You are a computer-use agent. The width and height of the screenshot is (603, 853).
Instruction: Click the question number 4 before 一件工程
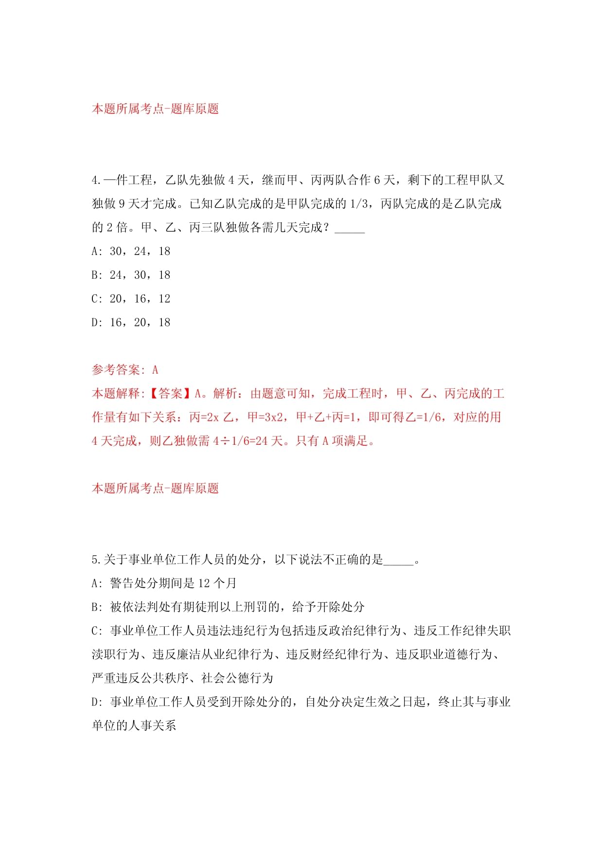[x=95, y=181]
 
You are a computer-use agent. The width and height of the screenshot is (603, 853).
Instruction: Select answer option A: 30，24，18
[x=131, y=252]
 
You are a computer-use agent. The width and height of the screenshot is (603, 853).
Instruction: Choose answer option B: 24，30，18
[x=131, y=275]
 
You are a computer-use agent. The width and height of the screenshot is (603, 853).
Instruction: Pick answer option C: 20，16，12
[x=131, y=299]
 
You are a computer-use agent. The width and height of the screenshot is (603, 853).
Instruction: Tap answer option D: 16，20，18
[x=131, y=323]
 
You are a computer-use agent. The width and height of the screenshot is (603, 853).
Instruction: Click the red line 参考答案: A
[x=125, y=370]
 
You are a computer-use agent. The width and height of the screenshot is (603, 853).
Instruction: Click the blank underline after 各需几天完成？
[x=350, y=228]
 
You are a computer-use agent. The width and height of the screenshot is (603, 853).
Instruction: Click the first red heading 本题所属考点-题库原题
[x=155, y=109]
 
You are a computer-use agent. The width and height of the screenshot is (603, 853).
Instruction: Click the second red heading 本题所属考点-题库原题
[x=155, y=489]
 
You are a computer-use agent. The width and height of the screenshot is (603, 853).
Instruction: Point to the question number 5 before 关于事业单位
[x=95, y=560]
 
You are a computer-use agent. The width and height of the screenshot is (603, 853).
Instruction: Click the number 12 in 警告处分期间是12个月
[x=205, y=583]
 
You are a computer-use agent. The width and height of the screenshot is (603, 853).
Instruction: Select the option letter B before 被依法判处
[x=95, y=607]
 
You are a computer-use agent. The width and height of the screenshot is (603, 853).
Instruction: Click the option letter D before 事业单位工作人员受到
[x=95, y=702]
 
